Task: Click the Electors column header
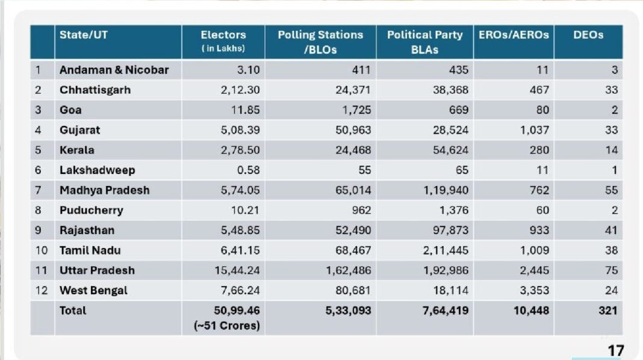tap(223, 35)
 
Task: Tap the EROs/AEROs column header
tap(514, 35)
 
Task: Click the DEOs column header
tap(588, 35)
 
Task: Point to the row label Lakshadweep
tap(97, 170)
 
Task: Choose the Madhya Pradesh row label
tap(104, 190)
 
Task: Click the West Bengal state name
tap(93, 290)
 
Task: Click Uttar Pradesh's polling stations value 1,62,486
tap(348, 270)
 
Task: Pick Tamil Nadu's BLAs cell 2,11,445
tap(445, 250)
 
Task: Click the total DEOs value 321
tap(607, 311)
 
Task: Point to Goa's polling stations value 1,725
tap(357, 110)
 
